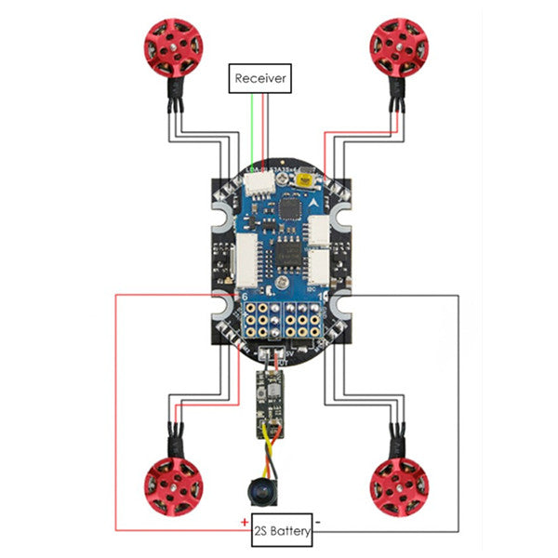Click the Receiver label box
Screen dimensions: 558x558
pyautogui.click(x=260, y=78)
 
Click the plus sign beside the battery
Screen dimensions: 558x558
pyautogui.click(x=244, y=522)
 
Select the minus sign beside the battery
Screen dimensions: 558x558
pyautogui.click(x=318, y=523)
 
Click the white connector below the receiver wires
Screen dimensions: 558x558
pyautogui.click(x=261, y=185)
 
